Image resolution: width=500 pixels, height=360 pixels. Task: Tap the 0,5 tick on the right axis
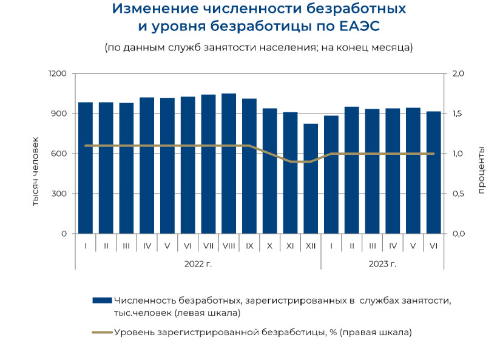(x=458, y=194)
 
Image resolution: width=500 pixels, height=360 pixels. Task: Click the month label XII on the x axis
(x=311, y=246)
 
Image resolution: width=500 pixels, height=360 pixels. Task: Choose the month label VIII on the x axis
(x=229, y=246)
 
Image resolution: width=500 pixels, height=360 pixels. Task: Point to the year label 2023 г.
(x=382, y=263)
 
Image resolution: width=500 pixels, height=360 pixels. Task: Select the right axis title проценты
(x=481, y=170)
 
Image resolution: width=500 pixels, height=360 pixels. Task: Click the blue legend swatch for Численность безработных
(x=102, y=300)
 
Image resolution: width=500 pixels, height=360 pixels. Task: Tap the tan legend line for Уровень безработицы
(x=102, y=332)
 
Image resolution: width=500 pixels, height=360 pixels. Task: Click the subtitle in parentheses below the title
(x=258, y=47)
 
